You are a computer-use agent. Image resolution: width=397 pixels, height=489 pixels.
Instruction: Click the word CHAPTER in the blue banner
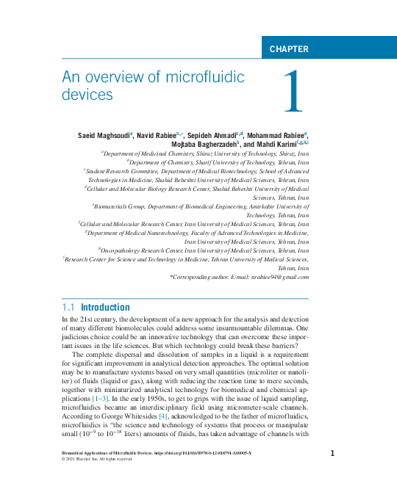[289, 49]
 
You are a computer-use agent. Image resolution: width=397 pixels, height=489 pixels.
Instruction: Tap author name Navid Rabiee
[162, 137]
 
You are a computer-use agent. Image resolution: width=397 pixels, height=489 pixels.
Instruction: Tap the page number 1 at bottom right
[332, 454]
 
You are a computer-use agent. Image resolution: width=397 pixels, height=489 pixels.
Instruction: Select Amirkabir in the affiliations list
[262, 207]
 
